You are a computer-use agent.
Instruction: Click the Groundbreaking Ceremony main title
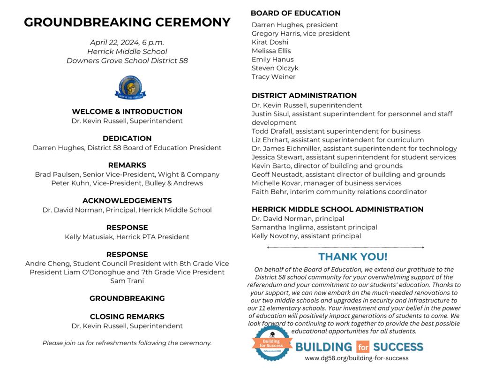tap(127, 23)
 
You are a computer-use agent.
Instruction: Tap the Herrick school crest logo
tap(130, 87)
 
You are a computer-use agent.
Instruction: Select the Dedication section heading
tap(127, 138)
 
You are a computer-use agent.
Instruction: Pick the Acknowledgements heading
tap(127, 201)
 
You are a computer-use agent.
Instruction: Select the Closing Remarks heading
tap(127, 317)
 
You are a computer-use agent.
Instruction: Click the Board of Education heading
tap(295, 13)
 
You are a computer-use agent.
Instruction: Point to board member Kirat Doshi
tap(270, 42)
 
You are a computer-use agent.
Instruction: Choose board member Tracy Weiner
tap(274, 76)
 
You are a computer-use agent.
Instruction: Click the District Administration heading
tap(304, 96)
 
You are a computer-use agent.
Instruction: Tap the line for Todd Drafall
tap(336, 131)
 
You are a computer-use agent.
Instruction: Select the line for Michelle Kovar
tap(326, 183)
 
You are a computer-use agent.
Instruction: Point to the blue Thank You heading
tap(353, 257)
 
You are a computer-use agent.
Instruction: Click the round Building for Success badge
tap(271, 343)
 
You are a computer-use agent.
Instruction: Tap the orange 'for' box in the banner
tap(362, 348)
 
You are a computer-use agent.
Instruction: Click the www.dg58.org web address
tap(356, 358)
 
